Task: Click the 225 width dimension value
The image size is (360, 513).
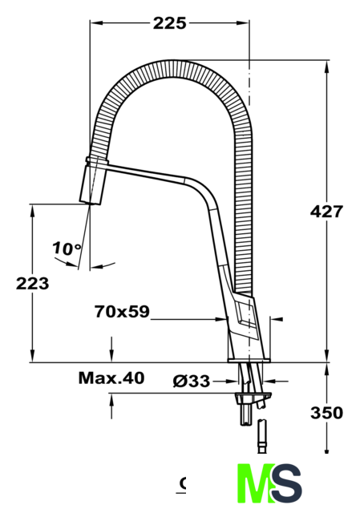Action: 169,23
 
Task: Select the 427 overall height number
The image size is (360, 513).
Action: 326,212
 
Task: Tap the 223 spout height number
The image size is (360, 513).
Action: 32,283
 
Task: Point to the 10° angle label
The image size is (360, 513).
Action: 67,248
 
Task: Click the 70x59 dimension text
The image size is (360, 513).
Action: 122,312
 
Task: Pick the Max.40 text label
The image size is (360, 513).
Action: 111,378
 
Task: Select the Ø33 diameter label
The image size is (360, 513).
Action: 192,381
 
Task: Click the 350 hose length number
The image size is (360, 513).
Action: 326,413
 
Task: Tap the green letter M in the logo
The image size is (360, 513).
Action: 256,483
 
